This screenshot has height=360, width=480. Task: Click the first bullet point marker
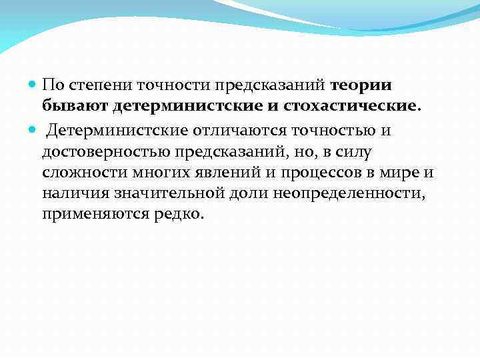point(35,86)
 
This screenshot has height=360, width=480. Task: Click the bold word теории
point(361,85)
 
